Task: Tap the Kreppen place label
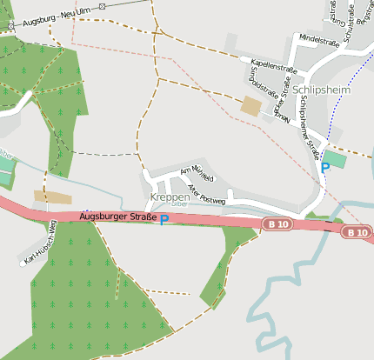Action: tap(170, 197)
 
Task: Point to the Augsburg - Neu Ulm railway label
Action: tap(58, 17)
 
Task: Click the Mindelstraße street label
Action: tap(318, 40)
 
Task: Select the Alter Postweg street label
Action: tap(206, 192)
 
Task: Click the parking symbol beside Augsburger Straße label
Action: tap(164, 221)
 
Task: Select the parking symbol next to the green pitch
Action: tap(325, 168)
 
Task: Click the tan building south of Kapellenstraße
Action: tap(251, 106)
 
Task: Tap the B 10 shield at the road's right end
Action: tap(356, 232)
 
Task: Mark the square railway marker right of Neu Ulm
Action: tap(102, 6)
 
